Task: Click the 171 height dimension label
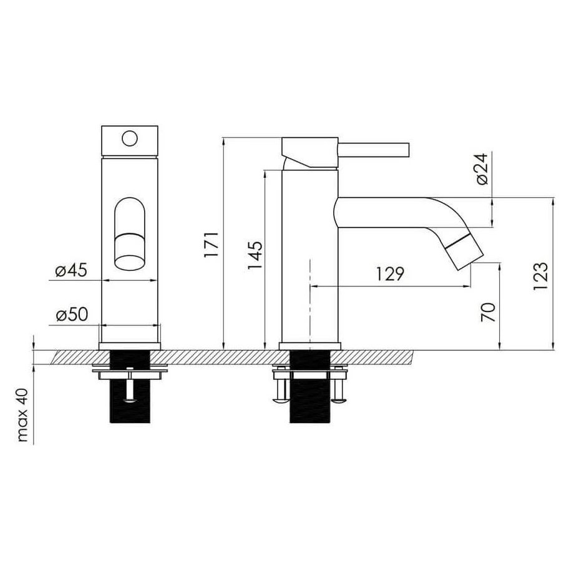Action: [211, 245]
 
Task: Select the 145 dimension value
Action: [255, 255]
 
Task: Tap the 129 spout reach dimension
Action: [390, 274]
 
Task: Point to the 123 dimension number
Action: [540, 276]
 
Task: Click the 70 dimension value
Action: [489, 312]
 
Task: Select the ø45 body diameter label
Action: [72, 270]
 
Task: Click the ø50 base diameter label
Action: [72, 314]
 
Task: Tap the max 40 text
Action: [23, 415]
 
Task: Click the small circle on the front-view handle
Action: [130, 139]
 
